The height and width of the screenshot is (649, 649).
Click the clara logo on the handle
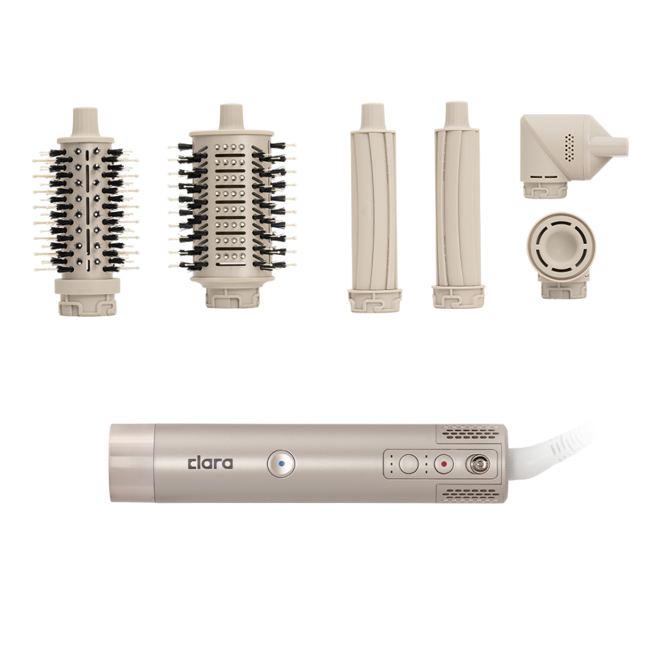(x=210, y=463)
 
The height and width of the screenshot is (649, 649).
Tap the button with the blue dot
(x=281, y=464)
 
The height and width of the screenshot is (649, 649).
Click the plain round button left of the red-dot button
(x=409, y=463)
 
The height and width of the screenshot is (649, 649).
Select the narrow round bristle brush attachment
(x=86, y=212)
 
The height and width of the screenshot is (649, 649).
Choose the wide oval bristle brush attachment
(x=231, y=206)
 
